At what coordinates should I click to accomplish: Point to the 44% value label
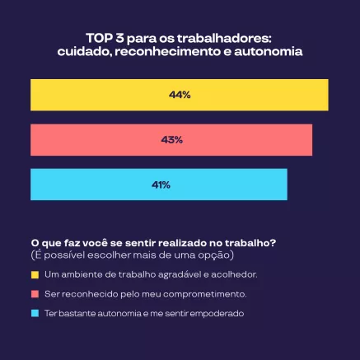(x=180, y=95)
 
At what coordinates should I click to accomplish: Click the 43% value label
(x=171, y=140)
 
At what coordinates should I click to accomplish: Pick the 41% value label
(x=160, y=185)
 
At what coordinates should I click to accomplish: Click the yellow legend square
(x=35, y=274)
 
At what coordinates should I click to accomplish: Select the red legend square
(x=35, y=293)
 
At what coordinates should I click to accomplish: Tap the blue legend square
(x=35, y=314)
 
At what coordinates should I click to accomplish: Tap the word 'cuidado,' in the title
(x=85, y=51)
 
